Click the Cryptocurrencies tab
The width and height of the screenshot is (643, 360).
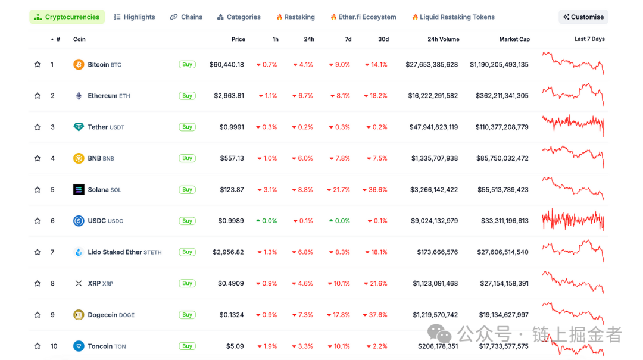(x=67, y=17)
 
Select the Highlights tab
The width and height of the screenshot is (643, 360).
(x=135, y=17)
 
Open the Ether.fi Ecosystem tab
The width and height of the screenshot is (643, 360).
(x=363, y=17)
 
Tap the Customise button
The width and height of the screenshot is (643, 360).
(x=583, y=17)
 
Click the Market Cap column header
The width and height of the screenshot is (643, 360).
(x=514, y=39)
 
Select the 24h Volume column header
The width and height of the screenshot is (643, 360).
(x=443, y=39)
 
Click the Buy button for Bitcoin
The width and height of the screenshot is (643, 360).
(x=187, y=64)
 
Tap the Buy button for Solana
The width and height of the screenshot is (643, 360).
(x=187, y=189)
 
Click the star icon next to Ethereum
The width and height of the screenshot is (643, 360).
(x=38, y=96)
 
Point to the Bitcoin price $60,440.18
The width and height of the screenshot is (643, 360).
(x=226, y=65)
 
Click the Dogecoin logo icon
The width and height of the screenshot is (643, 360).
(x=79, y=315)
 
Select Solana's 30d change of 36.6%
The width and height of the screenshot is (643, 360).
(x=374, y=190)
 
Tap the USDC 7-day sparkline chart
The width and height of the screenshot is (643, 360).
(x=573, y=221)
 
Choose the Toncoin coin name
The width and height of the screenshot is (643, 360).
(x=100, y=346)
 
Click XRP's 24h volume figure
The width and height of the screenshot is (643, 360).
(x=435, y=284)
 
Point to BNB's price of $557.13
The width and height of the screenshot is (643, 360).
(x=232, y=158)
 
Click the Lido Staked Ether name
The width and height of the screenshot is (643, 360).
(x=115, y=252)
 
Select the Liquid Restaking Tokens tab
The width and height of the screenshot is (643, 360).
(x=457, y=17)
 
